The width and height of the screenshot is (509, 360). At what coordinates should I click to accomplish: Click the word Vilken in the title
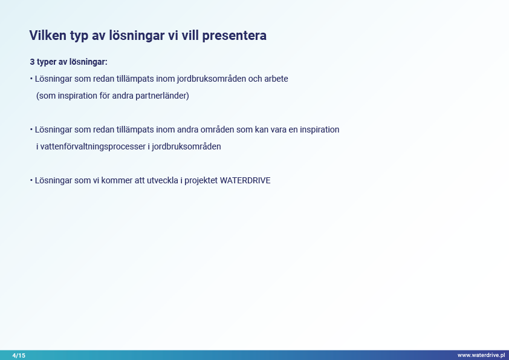tap(48, 36)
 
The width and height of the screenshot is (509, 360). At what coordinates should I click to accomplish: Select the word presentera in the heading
tap(234, 36)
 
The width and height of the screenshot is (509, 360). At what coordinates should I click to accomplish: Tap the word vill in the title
tap(190, 36)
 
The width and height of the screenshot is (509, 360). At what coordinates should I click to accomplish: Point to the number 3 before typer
tap(32, 62)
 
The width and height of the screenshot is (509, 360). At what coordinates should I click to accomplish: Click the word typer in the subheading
tap(47, 62)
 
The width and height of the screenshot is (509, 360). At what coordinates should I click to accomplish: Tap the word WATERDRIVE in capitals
tap(245, 180)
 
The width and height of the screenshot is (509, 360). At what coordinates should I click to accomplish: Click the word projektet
tap(201, 181)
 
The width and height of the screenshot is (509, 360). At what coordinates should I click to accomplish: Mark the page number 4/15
tap(19, 355)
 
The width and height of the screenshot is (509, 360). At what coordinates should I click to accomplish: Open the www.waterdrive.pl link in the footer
tap(481, 355)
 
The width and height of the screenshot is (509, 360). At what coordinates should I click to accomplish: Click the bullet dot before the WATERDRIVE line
tap(31, 180)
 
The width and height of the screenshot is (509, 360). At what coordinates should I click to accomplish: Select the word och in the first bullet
tap(255, 79)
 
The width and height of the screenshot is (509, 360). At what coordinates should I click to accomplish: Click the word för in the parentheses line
tap(105, 96)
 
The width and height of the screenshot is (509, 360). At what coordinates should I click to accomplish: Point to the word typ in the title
tap(79, 36)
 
